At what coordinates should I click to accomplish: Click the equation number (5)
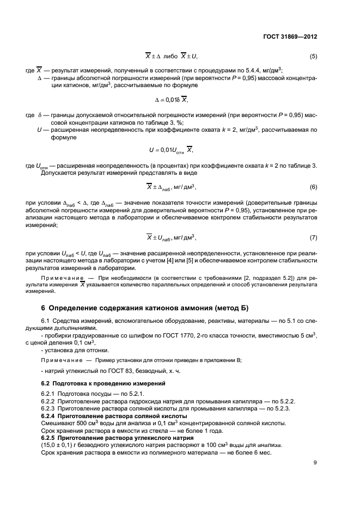(313, 57)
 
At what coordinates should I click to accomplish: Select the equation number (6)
(313, 187)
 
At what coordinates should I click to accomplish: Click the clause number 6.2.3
(50, 408)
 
